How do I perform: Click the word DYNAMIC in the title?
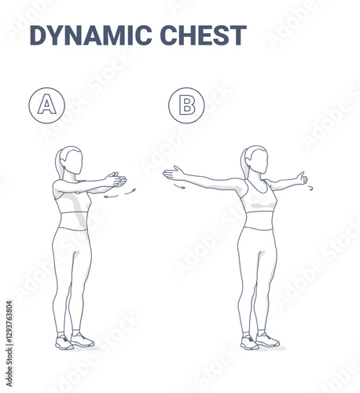click(x=91, y=35)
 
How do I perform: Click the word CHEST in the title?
click(x=203, y=35)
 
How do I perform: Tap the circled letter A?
click(x=46, y=105)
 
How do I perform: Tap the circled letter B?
click(x=186, y=105)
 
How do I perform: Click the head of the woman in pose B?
click(x=257, y=160)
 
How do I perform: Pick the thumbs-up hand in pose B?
click(x=302, y=178)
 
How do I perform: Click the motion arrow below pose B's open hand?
click(x=179, y=186)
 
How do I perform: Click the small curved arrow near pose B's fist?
click(x=310, y=188)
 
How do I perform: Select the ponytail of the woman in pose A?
click(x=59, y=163)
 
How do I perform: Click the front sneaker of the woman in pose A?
click(x=82, y=340)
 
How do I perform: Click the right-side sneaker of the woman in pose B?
click(x=267, y=340)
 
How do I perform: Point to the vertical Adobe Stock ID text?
click(x=9, y=343)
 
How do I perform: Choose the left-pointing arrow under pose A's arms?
click(x=112, y=196)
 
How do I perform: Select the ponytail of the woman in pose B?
click(x=245, y=162)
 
